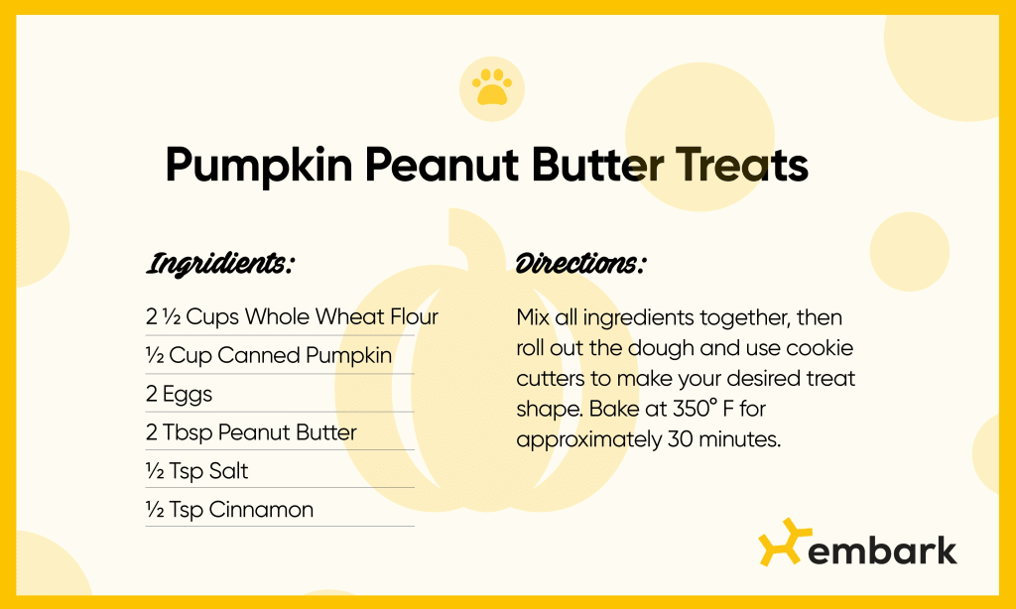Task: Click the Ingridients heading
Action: click(x=220, y=265)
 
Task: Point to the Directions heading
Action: click(x=580, y=265)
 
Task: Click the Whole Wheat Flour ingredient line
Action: click(x=292, y=317)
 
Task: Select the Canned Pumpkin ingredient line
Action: click(x=268, y=355)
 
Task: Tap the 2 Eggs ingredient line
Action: click(x=179, y=394)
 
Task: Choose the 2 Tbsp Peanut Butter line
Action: click(x=251, y=432)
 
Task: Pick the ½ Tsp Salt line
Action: click(x=196, y=471)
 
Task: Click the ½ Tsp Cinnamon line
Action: click(x=229, y=510)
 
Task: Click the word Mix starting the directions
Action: click(x=534, y=317)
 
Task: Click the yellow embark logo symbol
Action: click(x=779, y=543)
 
